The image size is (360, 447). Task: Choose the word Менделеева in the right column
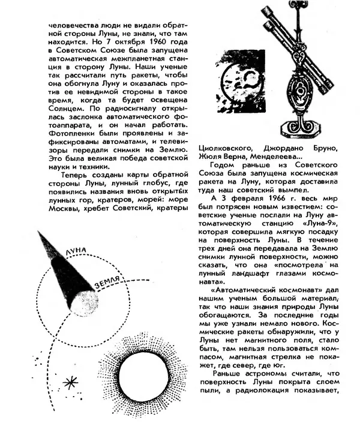click(x=278, y=157)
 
